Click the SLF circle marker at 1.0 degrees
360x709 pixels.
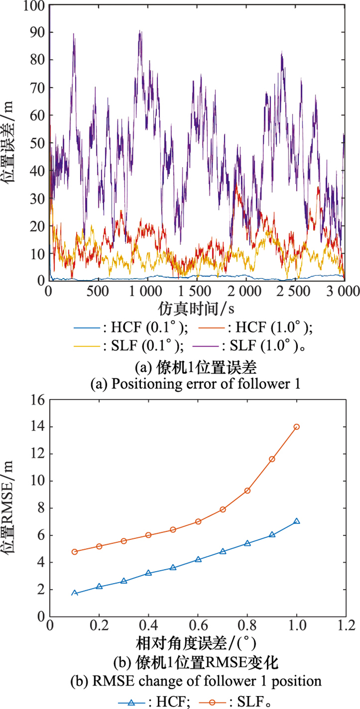pyautogui.click(x=296, y=427)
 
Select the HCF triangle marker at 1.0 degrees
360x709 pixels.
pyautogui.click(x=296, y=521)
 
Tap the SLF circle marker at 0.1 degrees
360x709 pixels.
pyautogui.click(x=75, y=552)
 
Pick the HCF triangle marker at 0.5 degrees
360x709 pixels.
pyautogui.click(x=173, y=568)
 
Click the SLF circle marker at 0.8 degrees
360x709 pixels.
pyautogui.click(x=247, y=490)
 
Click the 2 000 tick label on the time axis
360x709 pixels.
pyautogui.click(x=246, y=290)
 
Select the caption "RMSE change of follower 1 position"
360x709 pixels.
pyautogui.click(x=196, y=681)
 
